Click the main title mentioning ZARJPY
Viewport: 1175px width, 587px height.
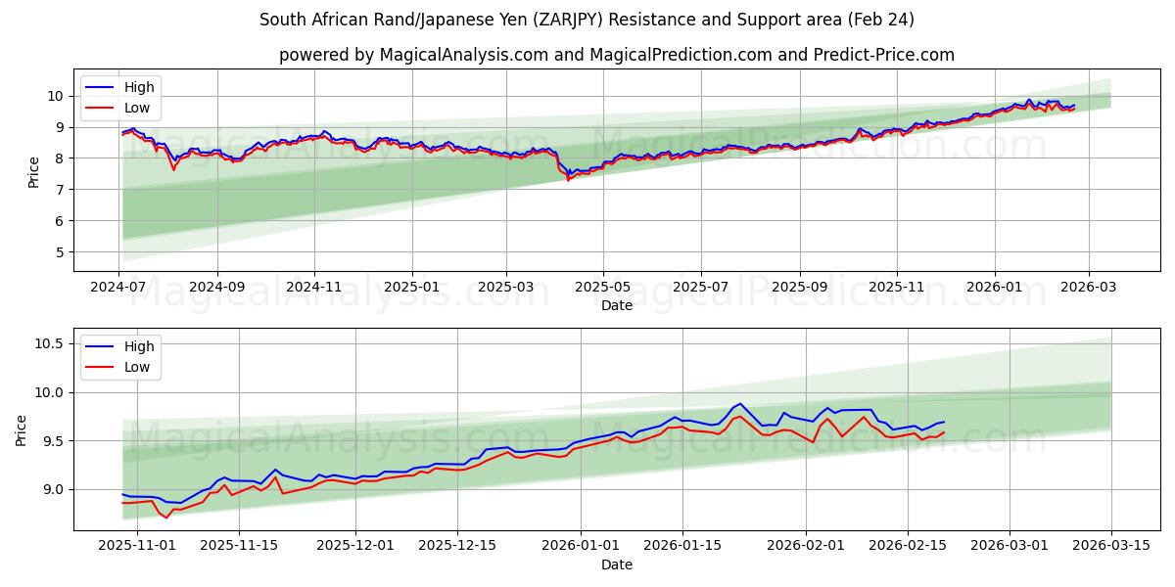[587, 20]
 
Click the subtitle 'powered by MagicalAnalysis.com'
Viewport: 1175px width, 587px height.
[616, 55]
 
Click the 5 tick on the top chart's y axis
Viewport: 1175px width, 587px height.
[59, 252]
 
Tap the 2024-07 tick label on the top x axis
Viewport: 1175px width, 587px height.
[119, 289]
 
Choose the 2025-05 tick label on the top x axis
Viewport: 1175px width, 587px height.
[603, 289]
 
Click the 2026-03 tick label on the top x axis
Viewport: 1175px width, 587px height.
[1089, 289]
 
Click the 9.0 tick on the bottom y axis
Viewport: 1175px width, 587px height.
[48, 489]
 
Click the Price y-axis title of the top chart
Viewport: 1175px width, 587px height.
[34, 171]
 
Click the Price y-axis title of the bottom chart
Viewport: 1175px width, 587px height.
[22, 429]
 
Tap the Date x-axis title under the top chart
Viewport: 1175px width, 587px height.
[617, 305]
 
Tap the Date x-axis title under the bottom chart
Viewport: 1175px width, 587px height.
[617, 564]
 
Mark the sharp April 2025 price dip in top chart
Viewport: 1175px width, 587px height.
[568, 178]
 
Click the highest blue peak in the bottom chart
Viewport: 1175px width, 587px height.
[740, 403]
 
